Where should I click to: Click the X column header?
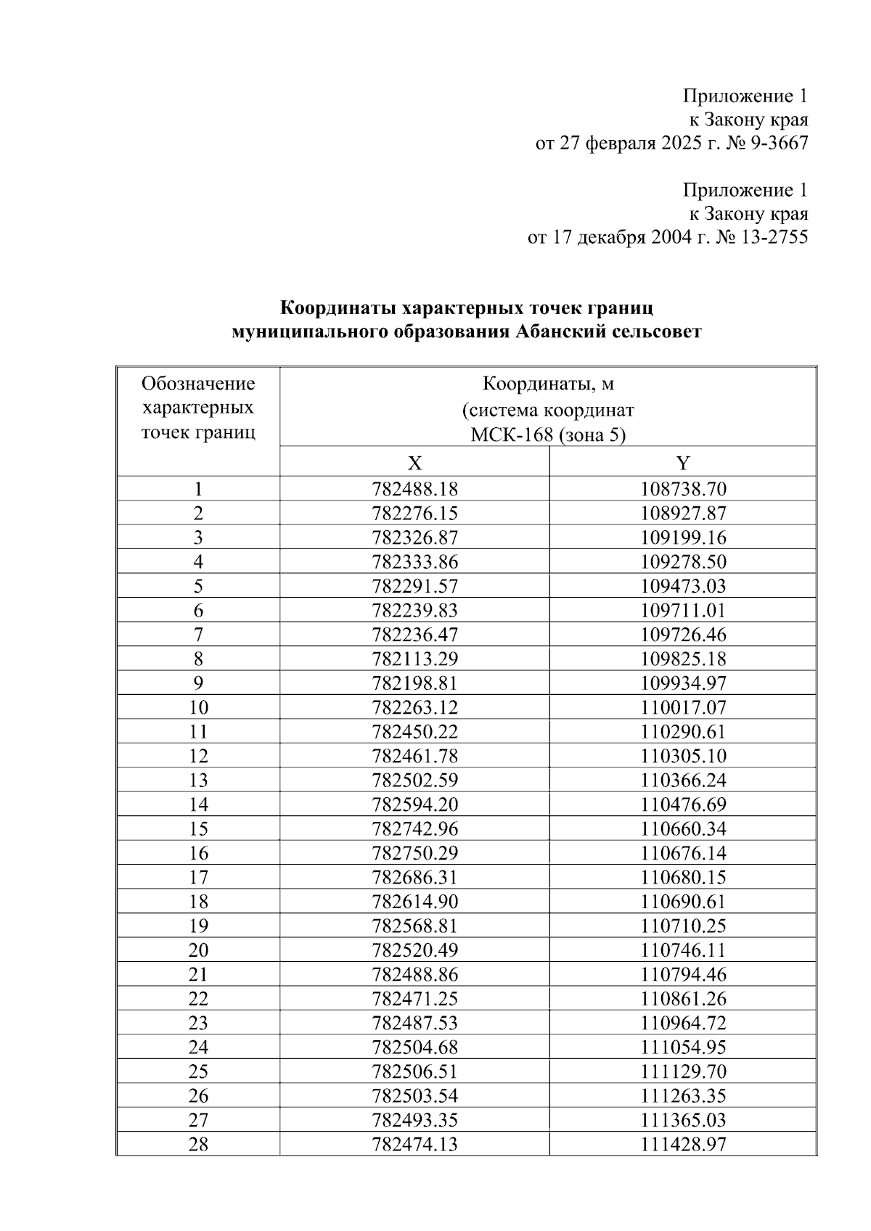click(414, 463)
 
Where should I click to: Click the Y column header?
click(683, 463)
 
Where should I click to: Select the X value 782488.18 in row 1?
click(414, 489)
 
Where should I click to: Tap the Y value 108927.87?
click(683, 514)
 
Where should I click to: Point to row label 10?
click(198, 707)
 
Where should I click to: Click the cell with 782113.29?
click(414, 659)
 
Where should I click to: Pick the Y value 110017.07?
click(683, 707)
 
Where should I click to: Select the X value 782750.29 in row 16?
click(414, 853)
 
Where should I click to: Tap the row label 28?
click(198, 1144)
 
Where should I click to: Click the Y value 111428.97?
click(683, 1144)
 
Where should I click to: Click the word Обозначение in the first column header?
click(198, 383)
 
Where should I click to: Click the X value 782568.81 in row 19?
click(414, 926)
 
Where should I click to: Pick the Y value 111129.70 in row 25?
click(683, 1071)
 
